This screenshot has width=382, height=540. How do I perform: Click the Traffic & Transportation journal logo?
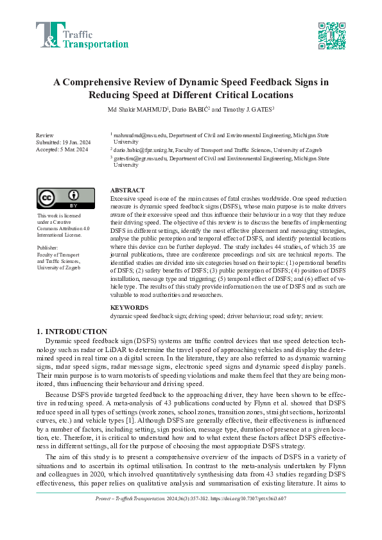[82, 35]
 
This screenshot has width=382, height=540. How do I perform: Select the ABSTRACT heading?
[128, 191]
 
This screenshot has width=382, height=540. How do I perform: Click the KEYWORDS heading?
[130, 308]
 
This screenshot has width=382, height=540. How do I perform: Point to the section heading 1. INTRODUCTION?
[71, 332]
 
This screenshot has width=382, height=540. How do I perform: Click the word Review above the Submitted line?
[45, 136]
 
